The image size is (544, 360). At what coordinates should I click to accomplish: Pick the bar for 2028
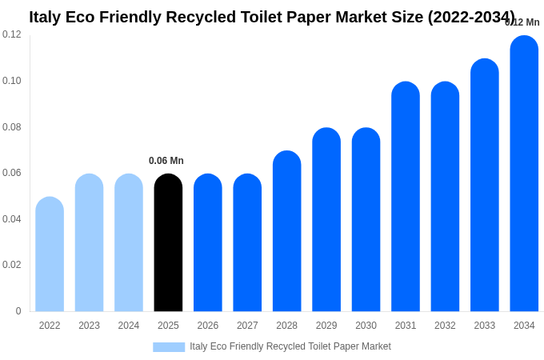pyautogui.click(x=286, y=231)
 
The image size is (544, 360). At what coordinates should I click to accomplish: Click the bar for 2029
pyautogui.click(x=326, y=219)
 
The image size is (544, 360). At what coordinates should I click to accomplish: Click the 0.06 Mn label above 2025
pyautogui.click(x=166, y=161)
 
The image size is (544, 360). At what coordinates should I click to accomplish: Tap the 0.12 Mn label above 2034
pyautogui.click(x=522, y=22)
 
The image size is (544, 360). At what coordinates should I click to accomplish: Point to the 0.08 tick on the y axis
pyautogui.click(x=12, y=126)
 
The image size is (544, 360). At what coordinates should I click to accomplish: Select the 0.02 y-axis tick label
pyautogui.click(x=12, y=265)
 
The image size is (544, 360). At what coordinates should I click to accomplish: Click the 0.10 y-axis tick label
pyautogui.click(x=12, y=81)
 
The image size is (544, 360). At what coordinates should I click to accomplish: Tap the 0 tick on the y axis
pyautogui.click(x=18, y=311)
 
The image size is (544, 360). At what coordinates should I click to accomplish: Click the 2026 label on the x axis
pyautogui.click(x=208, y=326)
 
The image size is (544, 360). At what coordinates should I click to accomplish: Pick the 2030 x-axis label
pyautogui.click(x=366, y=326)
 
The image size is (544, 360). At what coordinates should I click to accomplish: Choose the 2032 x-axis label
pyautogui.click(x=445, y=326)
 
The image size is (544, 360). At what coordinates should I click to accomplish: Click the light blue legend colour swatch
pyautogui.click(x=169, y=346)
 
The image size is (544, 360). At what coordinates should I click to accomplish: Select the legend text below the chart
pyautogui.click(x=290, y=346)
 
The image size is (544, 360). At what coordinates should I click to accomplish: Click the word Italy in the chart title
pyautogui.click(x=46, y=17)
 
